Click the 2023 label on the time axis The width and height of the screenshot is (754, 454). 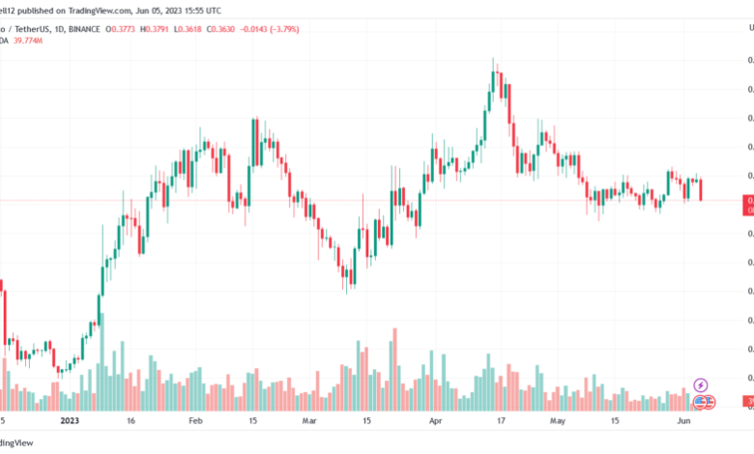point(69,422)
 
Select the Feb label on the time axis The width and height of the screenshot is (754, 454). point(194,422)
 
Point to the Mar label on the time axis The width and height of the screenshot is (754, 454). point(309,422)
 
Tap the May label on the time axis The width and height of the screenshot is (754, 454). point(556,422)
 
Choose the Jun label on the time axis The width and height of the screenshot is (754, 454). point(683,422)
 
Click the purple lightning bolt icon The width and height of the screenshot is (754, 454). point(702,385)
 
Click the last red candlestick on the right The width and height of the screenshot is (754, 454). point(701,189)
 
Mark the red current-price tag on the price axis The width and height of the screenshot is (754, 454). point(747,204)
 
